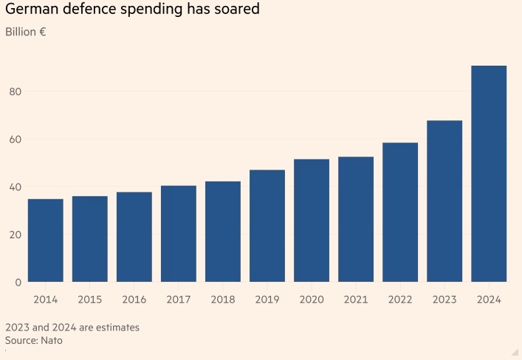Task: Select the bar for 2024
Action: pos(489,173)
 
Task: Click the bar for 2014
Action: pos(46,240)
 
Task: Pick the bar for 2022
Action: pos(400,212)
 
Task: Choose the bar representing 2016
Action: pos(134,237)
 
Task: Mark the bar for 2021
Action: pos(356,219)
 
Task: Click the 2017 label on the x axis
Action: pos(179,300)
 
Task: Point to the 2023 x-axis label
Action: pos(444,300)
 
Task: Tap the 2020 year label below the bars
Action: pos(312,300)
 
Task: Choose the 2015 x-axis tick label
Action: pos(90,300)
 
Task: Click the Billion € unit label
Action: pos(26,32)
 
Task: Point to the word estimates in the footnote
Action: pos(114,327)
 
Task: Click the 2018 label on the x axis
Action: pos(223,300)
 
